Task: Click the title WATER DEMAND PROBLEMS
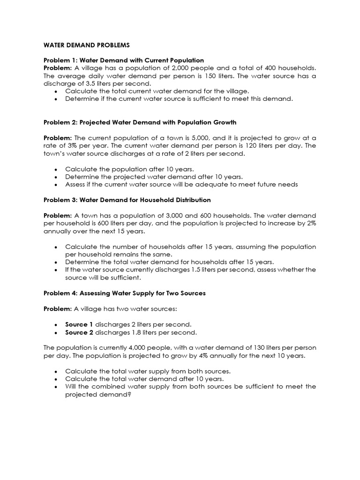click(x=86, y=45)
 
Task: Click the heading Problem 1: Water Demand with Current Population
click(x=124, y=60)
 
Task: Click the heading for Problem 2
click(x=140, y=122)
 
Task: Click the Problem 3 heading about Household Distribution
click(x=127, y=200)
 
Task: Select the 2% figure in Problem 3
click(x=311, y=223)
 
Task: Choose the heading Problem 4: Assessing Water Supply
click(x=125, y=293)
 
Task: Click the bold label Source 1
click(x=79, y=324)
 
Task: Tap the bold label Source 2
click(x=79, y=332)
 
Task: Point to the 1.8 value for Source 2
click(x=136, y=332)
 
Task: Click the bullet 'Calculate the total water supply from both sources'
click(x=148, y=371)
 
